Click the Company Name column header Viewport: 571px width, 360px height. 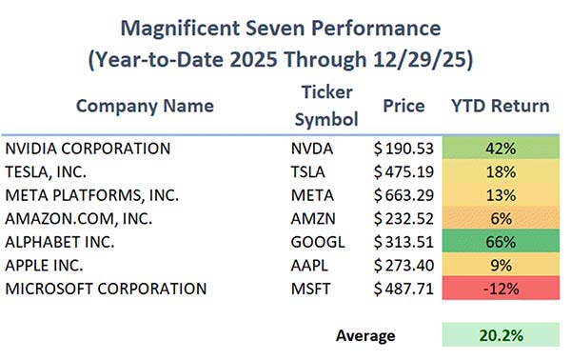[x=146, y=105]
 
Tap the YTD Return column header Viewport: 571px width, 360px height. [x=501, y=105]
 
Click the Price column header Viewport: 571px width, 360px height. [x=405, y=105]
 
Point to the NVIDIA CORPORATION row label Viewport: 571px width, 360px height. [x=88, y=150]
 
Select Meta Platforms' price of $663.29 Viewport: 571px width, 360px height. [x=404, y=195]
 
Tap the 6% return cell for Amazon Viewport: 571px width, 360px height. [x=501, y=218]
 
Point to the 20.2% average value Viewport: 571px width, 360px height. [x=501, y=335]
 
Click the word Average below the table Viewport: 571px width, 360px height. [x=365, y=335]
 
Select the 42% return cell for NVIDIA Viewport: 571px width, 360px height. [x=501, y=150]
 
